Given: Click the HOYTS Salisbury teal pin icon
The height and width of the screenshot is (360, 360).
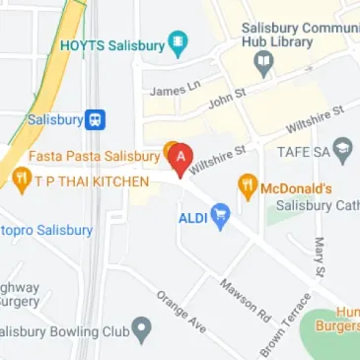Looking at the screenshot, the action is [178, 43].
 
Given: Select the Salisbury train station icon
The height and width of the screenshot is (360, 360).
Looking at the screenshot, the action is [96, 119].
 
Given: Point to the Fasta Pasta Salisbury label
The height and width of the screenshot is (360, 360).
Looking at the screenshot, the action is [94, 156].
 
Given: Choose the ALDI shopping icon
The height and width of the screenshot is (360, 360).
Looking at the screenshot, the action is [221, 213].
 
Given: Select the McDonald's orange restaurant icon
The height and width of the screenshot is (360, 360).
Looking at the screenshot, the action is [247, 185].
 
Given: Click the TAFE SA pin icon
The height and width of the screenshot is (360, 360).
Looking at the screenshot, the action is [343, 151].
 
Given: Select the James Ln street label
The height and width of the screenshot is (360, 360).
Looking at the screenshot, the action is [169, 90].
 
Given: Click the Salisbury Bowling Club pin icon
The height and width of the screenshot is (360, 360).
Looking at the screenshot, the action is [143, 327].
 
